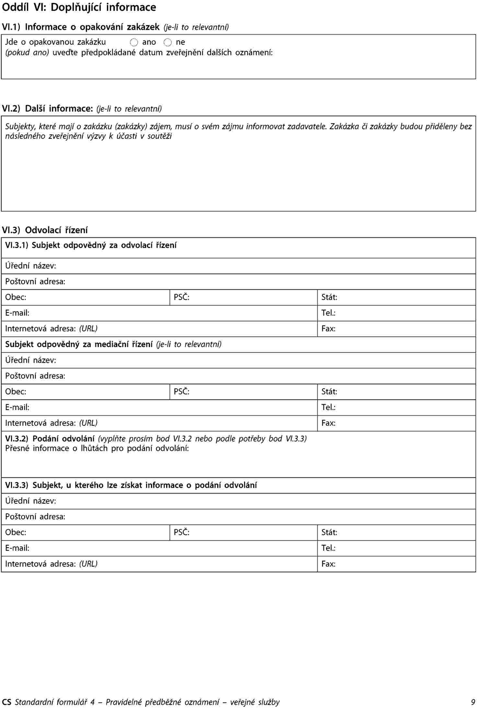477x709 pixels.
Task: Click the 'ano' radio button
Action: [134, 42]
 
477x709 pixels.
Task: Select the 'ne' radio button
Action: [167, 42]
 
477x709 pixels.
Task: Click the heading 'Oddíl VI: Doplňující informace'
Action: [79, 7]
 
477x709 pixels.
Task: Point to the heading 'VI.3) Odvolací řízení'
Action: [45, 230]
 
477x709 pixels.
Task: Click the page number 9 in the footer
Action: [473, 702]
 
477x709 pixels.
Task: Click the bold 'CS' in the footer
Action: [6, 702]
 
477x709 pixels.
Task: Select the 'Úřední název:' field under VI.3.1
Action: [238, 266]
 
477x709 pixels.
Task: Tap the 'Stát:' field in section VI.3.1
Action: [396, 297]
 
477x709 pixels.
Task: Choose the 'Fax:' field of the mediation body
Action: [396, 423]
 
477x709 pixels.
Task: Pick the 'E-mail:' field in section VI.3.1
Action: [159, 313]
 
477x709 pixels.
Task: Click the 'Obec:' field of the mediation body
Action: [85, 392]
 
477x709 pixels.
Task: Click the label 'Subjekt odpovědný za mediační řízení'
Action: [79, 344]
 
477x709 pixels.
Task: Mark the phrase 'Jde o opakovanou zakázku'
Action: [55, 42]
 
